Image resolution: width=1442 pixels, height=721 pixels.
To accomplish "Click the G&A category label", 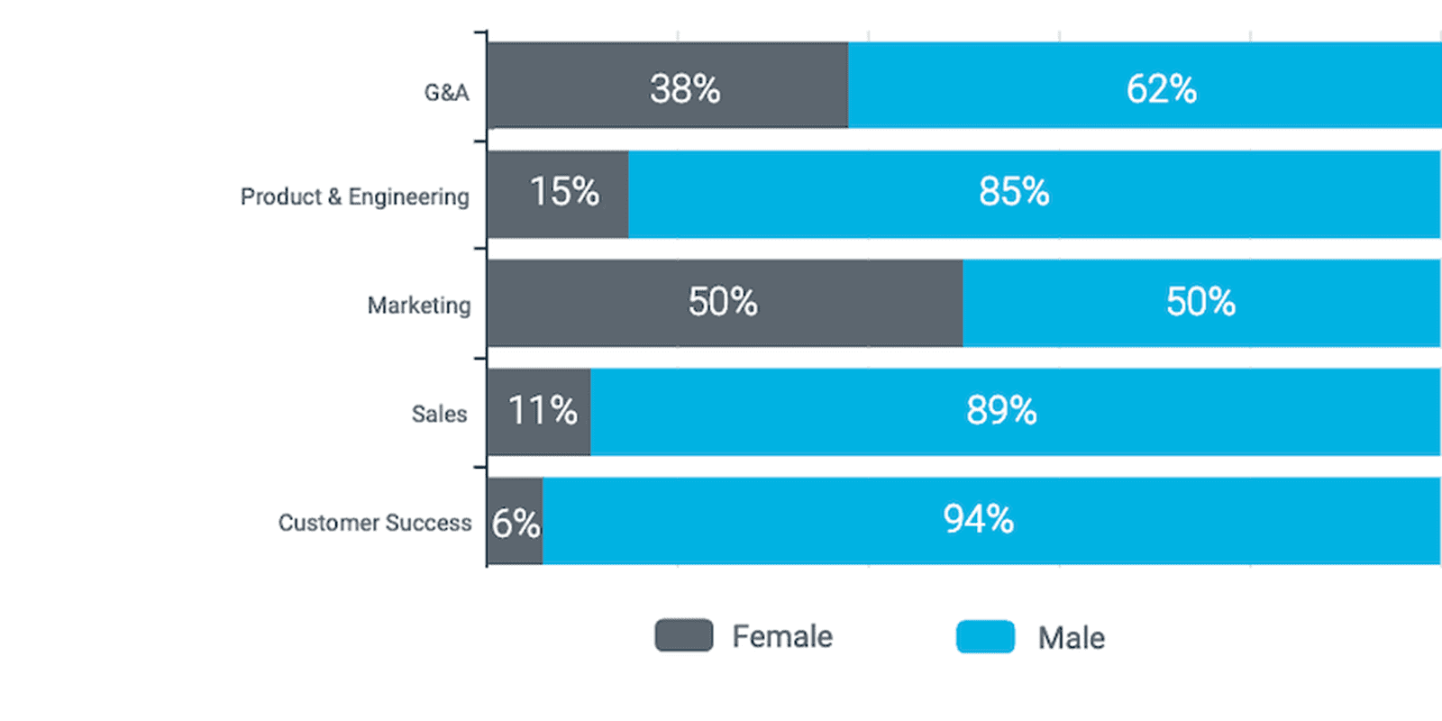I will pos(446,93).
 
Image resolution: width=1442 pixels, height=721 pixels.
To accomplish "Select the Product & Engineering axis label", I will pos(354,196).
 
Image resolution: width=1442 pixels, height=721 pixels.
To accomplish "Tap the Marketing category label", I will pos(419,306).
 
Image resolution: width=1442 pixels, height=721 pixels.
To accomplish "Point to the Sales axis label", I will pos(439,414).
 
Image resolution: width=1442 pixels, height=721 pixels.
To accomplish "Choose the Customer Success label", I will pos(374,523).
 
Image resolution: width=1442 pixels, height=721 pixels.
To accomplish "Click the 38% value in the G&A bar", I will pos(685,89).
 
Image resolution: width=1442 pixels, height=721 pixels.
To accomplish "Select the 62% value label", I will pos(1161,89).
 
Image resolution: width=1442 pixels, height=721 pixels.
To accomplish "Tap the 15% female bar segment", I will pos(558,194).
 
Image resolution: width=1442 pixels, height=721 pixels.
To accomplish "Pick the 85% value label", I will pos(1014,192).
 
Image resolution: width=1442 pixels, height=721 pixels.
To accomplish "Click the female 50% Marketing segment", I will pos(724,302).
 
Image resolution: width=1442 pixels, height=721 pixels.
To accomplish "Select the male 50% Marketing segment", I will pos(1200,302).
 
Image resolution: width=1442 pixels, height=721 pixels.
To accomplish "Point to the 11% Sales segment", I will pos(539,412).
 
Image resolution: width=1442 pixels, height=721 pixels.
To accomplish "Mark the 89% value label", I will pos(1001,411).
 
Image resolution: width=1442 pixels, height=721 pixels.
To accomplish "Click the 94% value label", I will pos(978,520).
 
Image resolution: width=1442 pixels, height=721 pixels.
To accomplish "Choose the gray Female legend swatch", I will pos(683,635).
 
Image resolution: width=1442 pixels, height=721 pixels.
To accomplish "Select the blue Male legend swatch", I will pos(985,636).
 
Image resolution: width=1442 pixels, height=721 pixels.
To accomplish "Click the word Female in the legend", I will pos(782,636).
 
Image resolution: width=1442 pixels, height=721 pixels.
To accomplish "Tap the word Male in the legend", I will pos(1071,638).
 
